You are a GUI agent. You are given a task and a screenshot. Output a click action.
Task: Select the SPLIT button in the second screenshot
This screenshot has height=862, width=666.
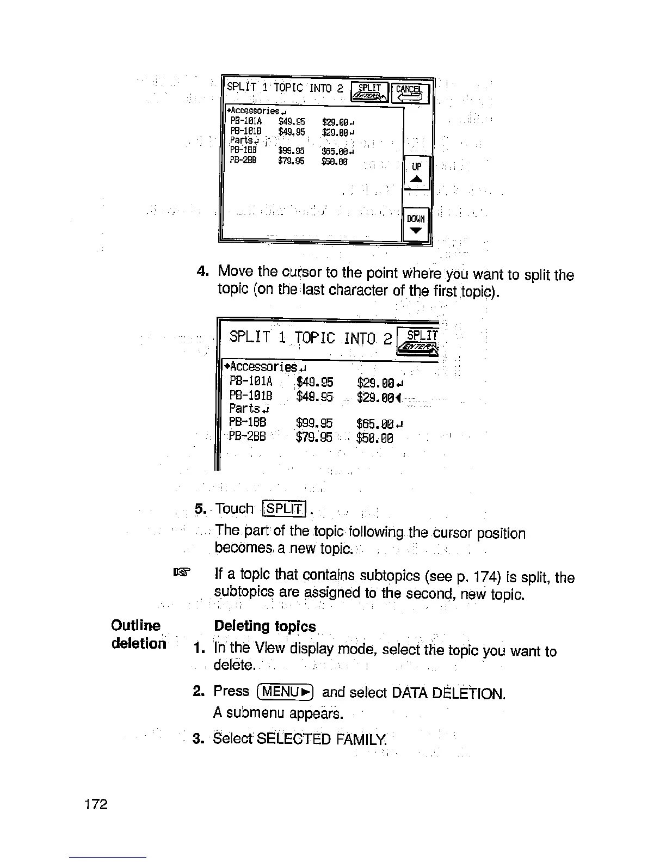coord(419,341)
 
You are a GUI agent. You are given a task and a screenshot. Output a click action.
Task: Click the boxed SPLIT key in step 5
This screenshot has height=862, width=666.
coord(285,509)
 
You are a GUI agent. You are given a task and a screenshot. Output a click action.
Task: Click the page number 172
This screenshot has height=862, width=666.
coord(96,804)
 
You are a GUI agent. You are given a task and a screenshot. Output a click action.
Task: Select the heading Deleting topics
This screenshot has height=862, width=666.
coord(265,626)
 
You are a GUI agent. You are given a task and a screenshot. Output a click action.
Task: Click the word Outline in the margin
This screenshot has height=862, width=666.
coord(135,626)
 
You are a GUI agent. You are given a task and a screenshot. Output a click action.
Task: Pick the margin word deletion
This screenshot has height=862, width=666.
coord(138,643)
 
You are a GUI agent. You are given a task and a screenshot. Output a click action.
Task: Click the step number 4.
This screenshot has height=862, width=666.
coord(202,271)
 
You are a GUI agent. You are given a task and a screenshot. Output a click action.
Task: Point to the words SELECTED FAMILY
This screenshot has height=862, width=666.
coord(320,739)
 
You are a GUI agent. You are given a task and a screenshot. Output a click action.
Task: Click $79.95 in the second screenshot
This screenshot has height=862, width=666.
coord(314,438)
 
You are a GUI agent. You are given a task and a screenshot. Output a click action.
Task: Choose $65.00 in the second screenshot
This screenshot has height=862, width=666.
coord(374,423)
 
